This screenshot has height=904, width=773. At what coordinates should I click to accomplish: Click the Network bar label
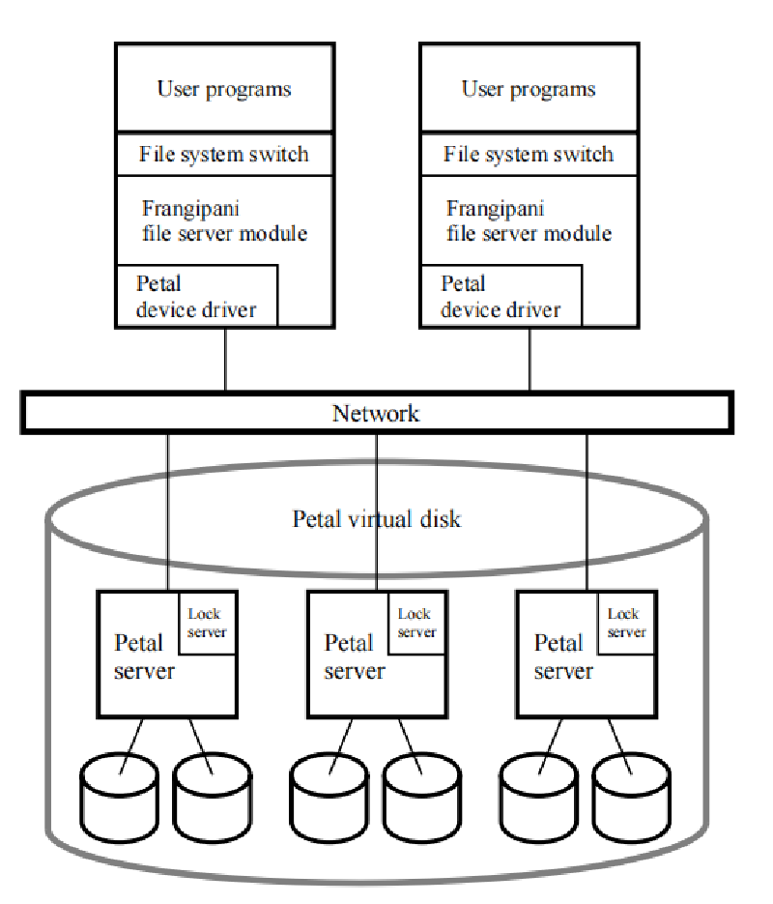click(x=376, y=414)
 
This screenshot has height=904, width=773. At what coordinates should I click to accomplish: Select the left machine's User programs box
click(x=224, y=89)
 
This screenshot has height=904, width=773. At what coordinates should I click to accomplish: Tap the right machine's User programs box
click(x=529, y=89)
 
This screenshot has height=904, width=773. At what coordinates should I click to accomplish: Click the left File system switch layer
click(x=224, y=154)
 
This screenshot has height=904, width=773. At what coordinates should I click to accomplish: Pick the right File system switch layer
click(x=529, y=154)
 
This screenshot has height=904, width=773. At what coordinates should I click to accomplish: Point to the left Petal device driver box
click(x=197, y=297)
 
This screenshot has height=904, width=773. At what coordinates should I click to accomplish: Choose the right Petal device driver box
click(x=501, y=297)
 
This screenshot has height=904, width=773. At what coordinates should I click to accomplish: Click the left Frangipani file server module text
click(x=225, y=220)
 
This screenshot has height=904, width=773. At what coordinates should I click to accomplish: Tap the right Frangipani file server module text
click(x=529, y=220)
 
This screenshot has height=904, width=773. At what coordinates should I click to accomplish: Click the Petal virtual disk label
click(x=377, y=519)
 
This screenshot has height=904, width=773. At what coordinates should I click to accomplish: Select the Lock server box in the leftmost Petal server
click(x=207, y=623)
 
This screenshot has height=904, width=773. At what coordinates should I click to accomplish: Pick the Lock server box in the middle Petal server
click(x=416, y=623)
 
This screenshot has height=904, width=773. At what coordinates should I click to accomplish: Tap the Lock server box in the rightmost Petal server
click(x=626, y=623)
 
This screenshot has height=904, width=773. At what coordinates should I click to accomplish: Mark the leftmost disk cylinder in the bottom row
click(x=118, y=799)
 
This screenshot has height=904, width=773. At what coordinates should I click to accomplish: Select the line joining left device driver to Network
click(x=225, y=360)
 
